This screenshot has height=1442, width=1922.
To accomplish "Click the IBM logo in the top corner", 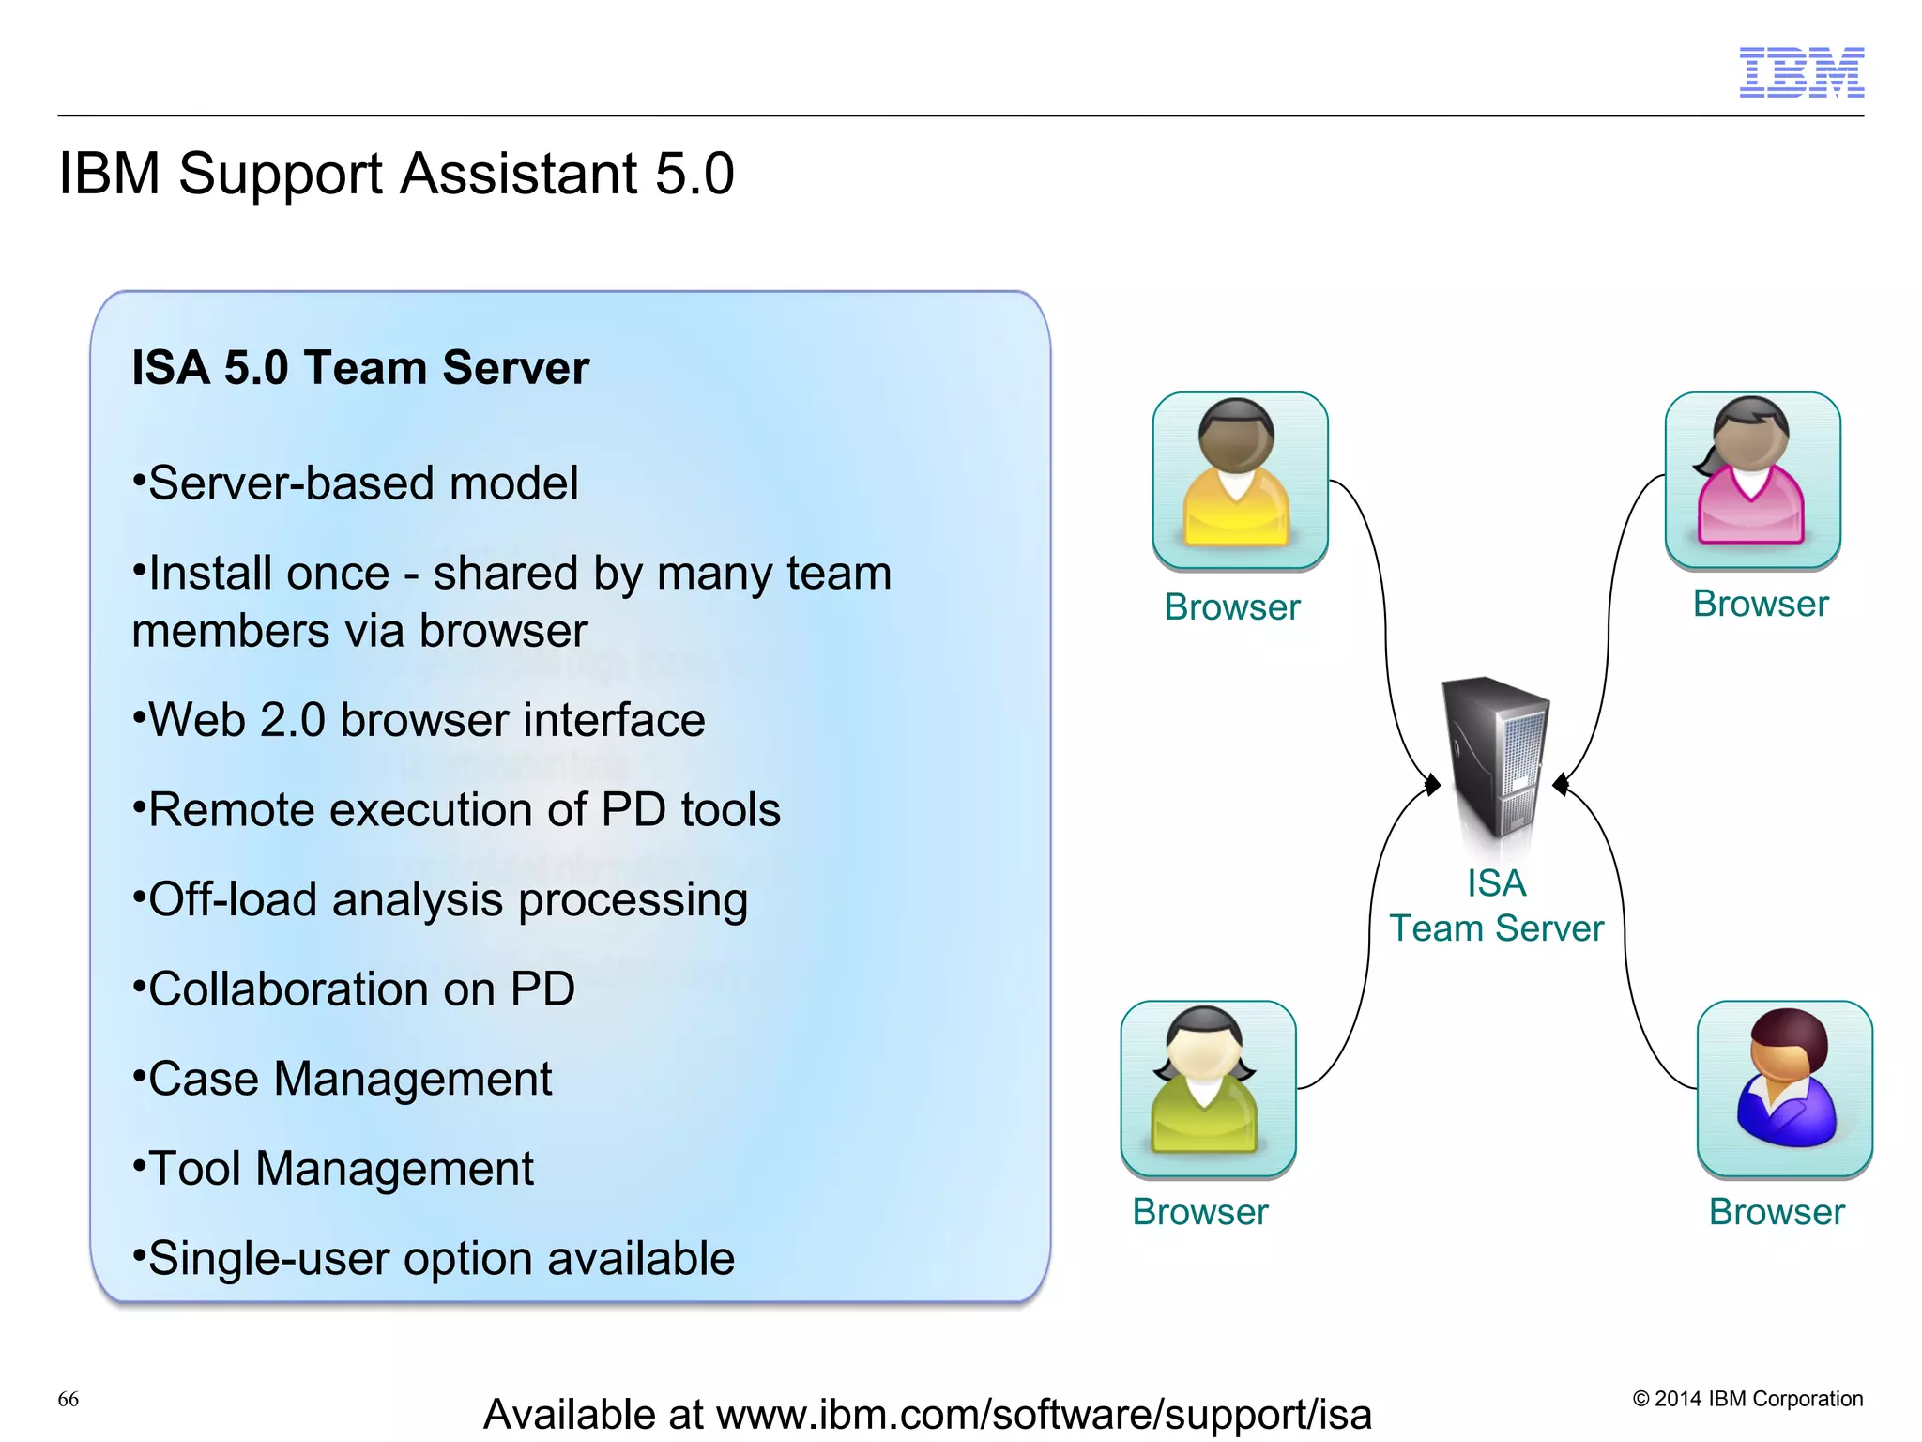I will (x=1801, y=72).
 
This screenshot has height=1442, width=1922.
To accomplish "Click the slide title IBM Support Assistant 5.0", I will (x=396, y=174).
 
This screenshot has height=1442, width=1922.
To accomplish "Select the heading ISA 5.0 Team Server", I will (x=360, y=367).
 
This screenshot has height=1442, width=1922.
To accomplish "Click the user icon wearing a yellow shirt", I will (x=1239, y=479).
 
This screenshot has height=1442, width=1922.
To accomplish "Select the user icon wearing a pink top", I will (x=1751, y=479).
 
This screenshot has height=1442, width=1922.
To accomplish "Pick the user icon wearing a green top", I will (x=1207, y=1087).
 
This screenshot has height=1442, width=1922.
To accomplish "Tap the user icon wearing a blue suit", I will (x=1784, y=1087).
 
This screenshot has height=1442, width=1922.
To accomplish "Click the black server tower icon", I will (x=1495, y=757).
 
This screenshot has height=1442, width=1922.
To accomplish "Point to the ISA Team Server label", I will (x=1496, y=906).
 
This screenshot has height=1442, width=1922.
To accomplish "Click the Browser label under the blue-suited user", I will (x=1776, y=1212).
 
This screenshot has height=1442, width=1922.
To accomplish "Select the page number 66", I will (x=69, y=1399).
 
